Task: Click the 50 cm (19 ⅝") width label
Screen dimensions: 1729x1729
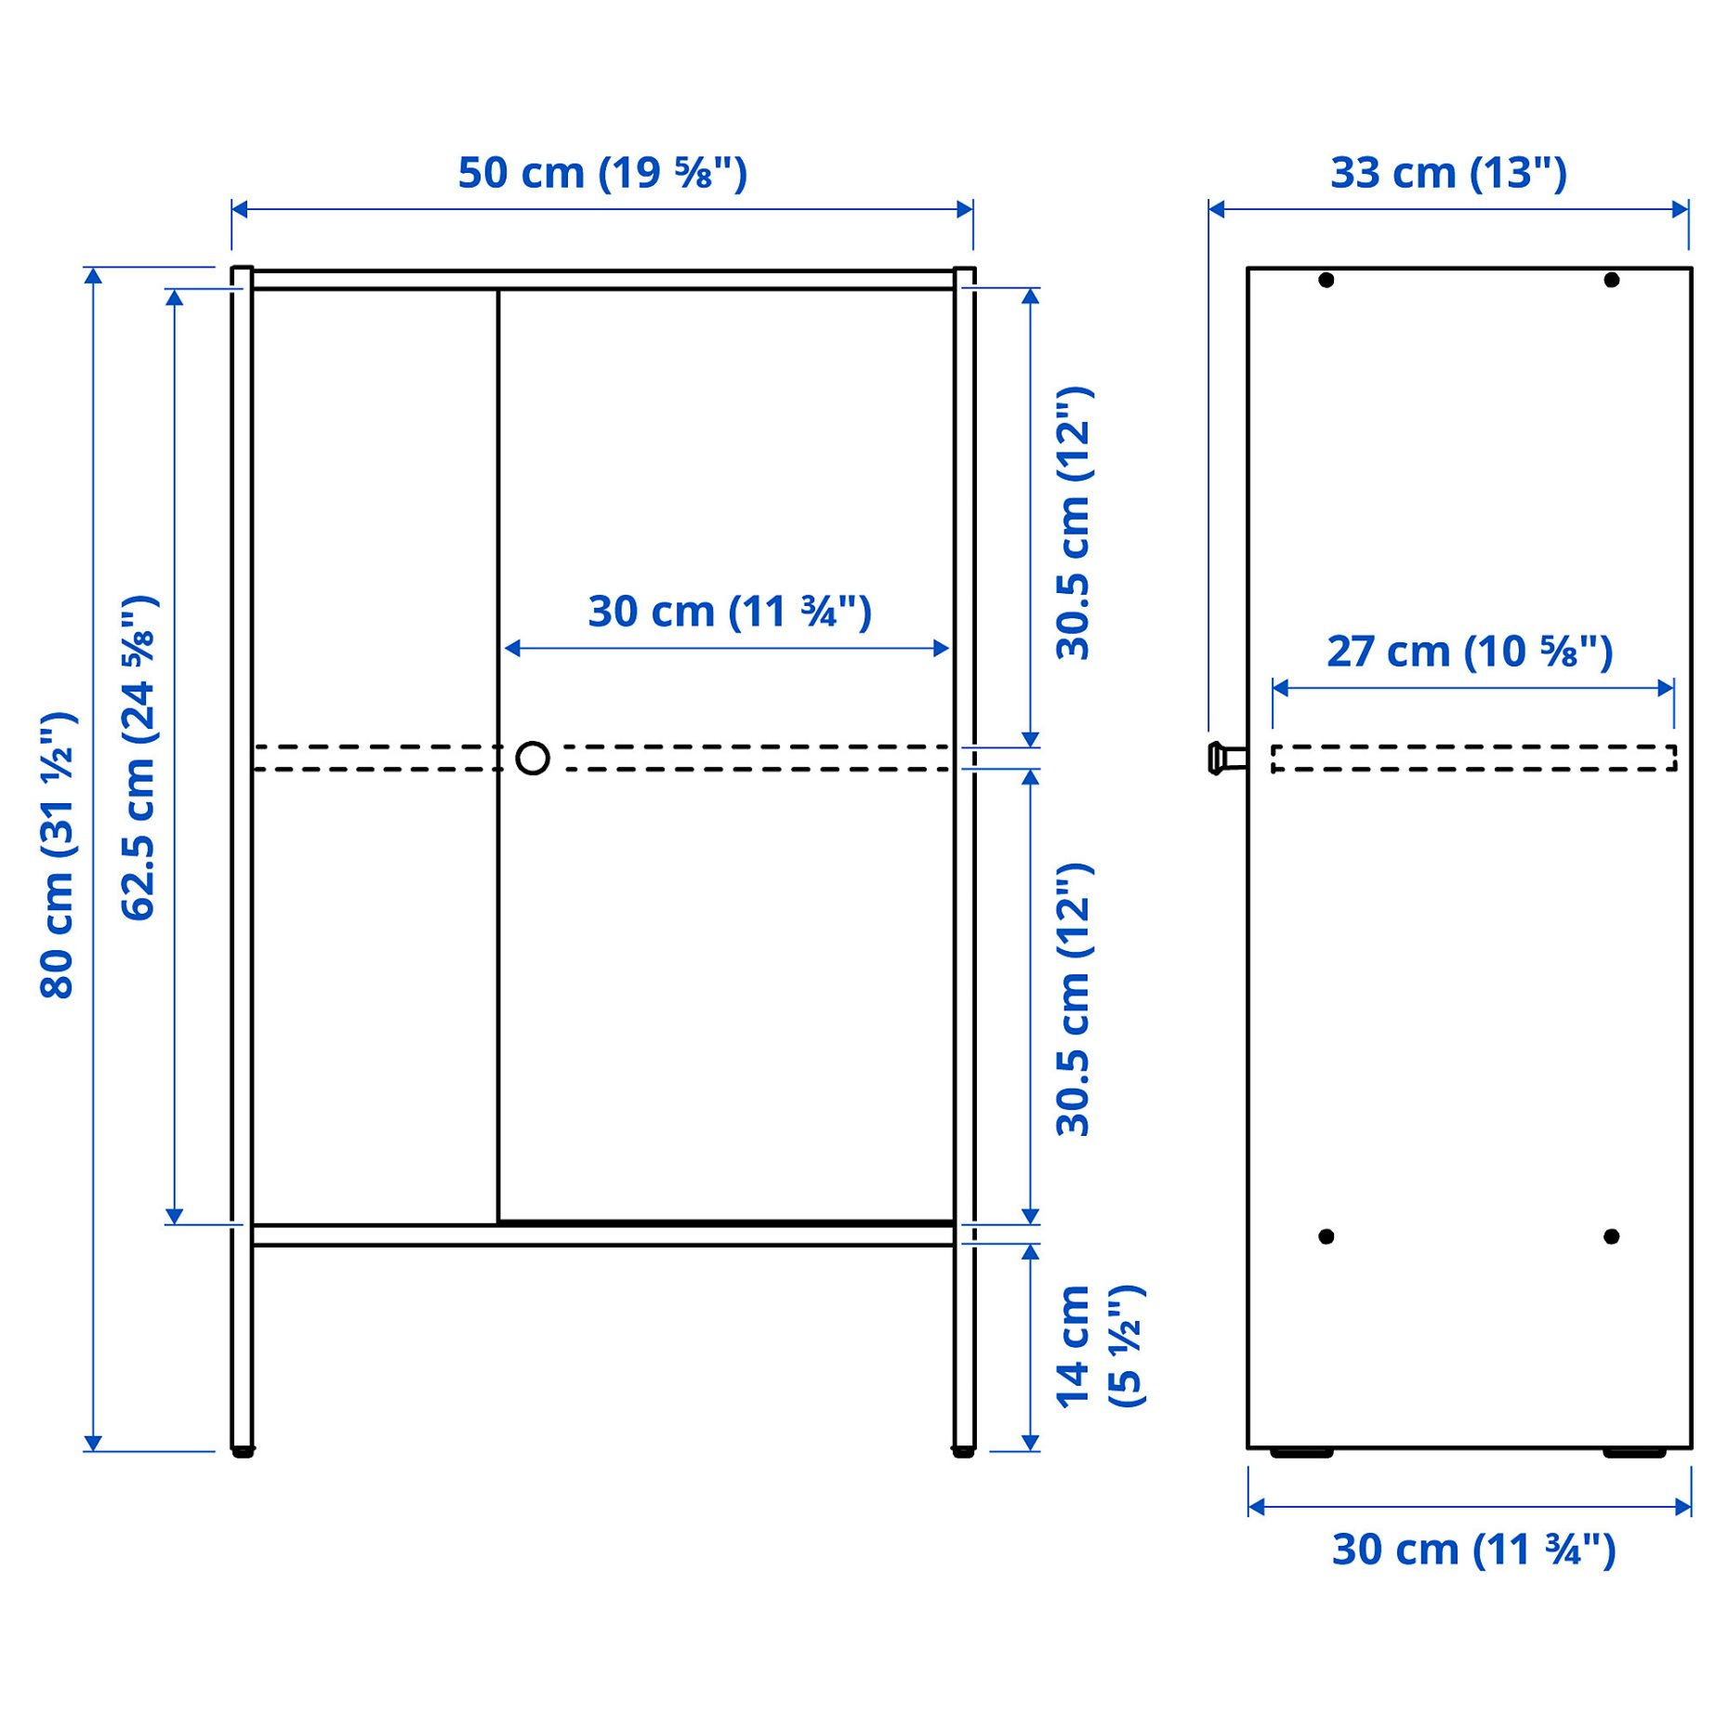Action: click(x=602, y=173)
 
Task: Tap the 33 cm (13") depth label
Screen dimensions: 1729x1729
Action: click(x=1447, y=173)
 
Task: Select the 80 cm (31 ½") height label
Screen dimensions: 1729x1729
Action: click(x=58, y=855)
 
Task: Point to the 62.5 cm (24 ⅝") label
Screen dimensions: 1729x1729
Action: click(x=139, y=758)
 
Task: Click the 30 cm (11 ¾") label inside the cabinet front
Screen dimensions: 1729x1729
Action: click(x=730, y=612)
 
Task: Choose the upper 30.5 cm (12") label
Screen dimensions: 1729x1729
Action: click(x=1074, y=523)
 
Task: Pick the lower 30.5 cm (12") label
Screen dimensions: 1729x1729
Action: click(x=1074, y=998)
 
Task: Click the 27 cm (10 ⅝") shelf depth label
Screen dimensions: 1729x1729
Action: click(x=1469, y=652)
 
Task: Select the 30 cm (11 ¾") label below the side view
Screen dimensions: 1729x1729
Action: click(x=1473, y=1549)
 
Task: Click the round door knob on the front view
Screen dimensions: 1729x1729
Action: click(x=533, y=759)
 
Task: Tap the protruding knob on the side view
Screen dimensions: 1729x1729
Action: click(x=1226, y=758)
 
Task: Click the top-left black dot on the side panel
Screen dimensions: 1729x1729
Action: click(x=1326, y=280)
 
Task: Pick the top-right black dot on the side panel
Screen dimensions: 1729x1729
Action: click(x=1612, y=280)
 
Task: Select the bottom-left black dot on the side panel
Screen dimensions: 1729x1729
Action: click(x=1326, y=1236)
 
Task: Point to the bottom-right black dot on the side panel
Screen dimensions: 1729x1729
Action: click(x=1612, y=1236)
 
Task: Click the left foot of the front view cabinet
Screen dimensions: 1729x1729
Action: click(x=243, y=1451)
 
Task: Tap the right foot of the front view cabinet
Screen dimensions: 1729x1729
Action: click(x=964, y=1451)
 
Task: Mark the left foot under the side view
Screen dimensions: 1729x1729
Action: click(x=1301, y=1453)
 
